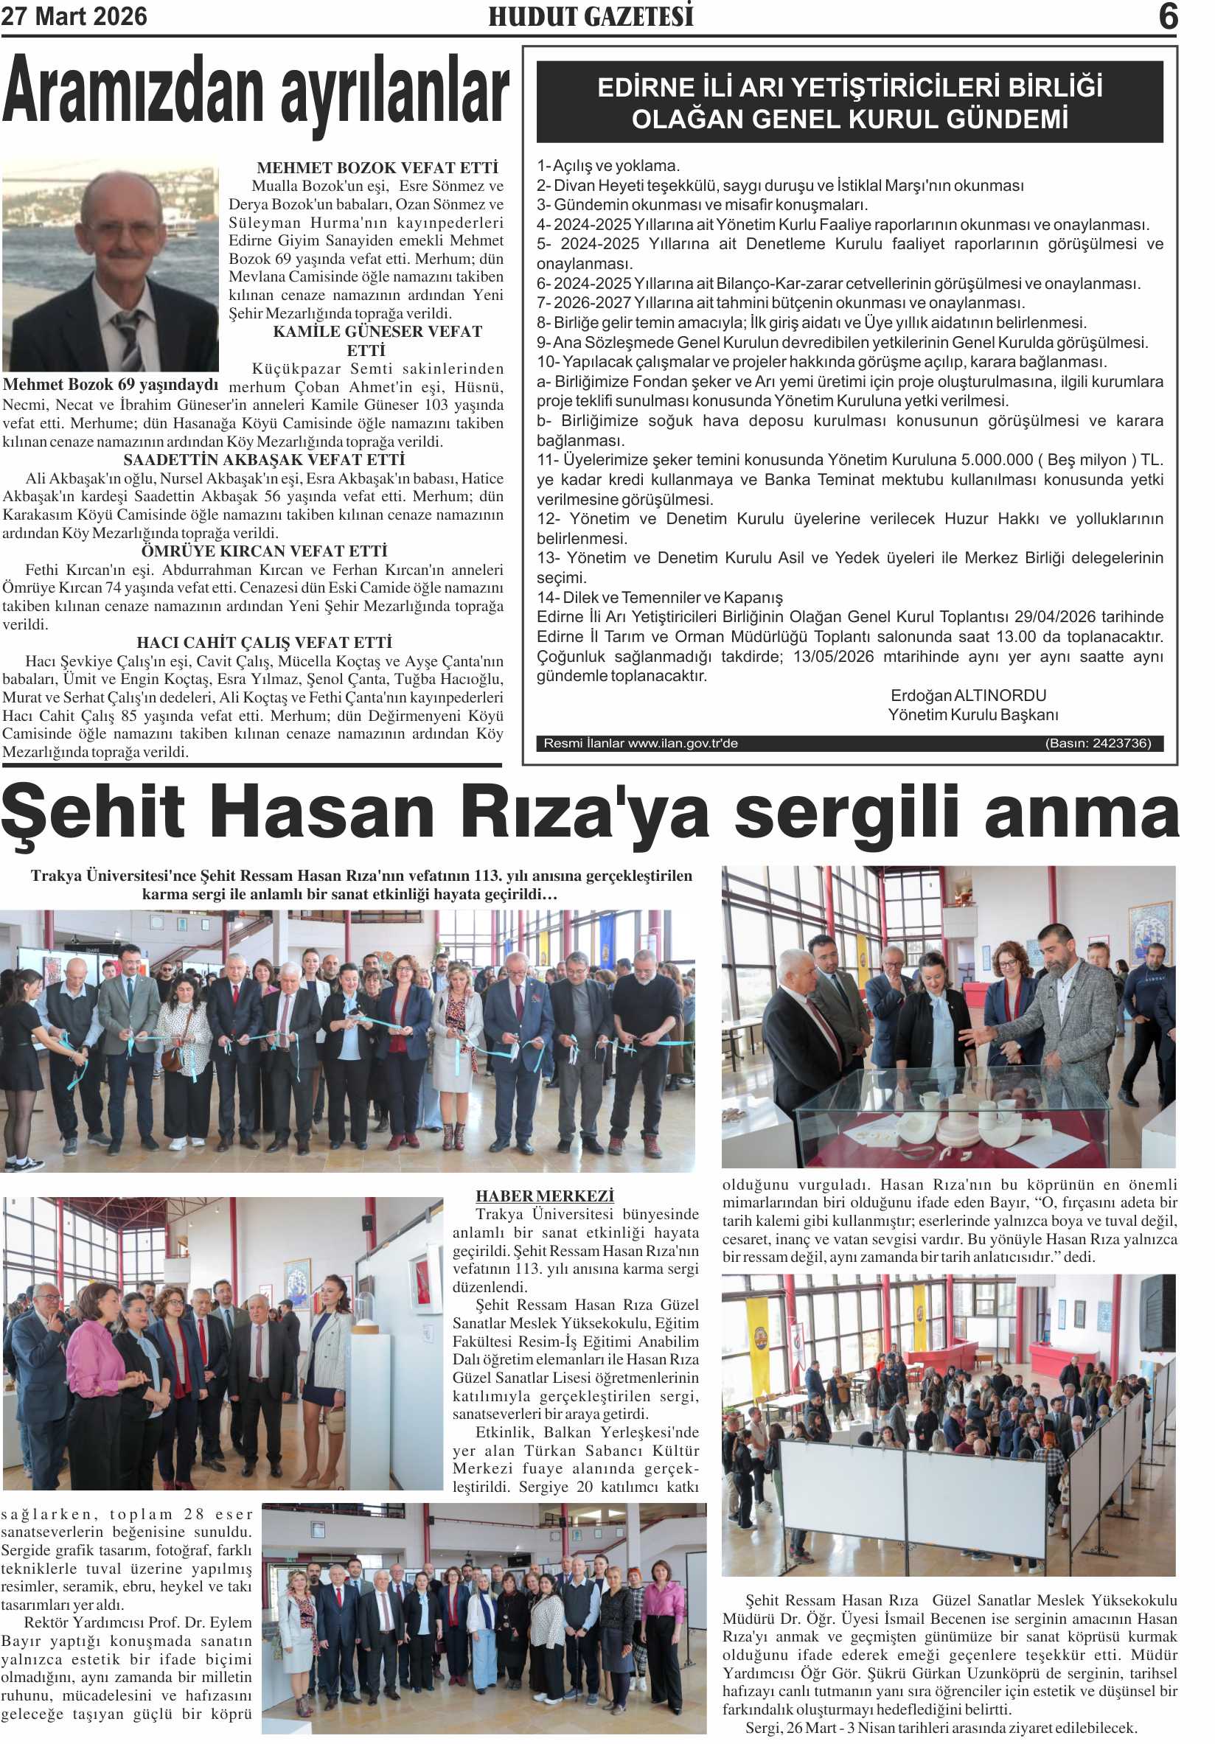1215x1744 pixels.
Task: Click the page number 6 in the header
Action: coord(1168,17)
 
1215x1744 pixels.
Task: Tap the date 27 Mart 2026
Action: coord(74,17)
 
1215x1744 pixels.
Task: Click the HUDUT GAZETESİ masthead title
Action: coord(591,17)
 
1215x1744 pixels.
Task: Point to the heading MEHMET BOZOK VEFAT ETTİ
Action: coord(377,168)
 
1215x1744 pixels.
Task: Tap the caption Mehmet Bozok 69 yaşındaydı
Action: coord(111,384)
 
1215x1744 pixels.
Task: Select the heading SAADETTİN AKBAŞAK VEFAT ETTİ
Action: coord(264,460)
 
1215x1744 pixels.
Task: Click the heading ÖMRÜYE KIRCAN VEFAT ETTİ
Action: coord(264,551)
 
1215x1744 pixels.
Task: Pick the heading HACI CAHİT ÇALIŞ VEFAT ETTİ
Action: coord(264,643)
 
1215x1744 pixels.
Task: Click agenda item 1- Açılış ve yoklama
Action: coord(608,166)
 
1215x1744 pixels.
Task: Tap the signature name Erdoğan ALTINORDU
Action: coord(968,696)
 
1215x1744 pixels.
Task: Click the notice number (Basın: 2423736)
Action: coord(1098,744)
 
